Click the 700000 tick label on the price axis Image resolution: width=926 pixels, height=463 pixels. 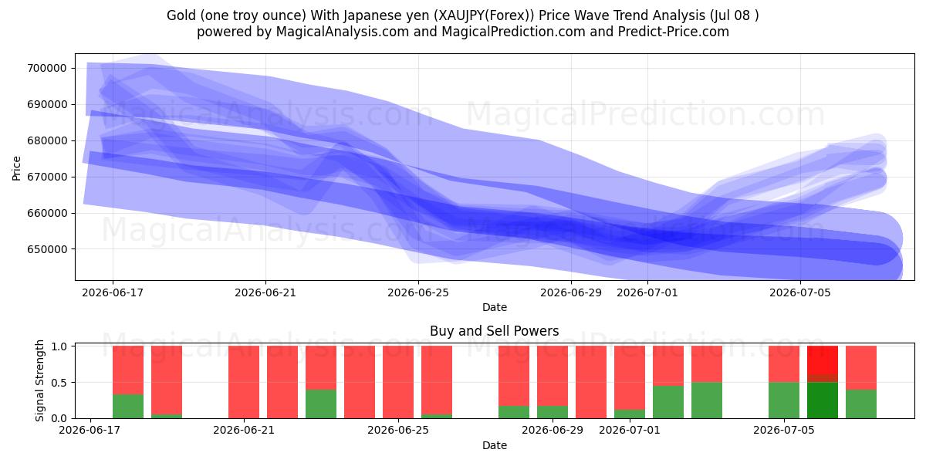pos(47,68)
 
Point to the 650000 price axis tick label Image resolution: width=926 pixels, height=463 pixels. pos(47,249)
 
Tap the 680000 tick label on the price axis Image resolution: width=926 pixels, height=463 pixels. pos(47,140)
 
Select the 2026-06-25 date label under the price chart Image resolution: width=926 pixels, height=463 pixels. pos(418,292)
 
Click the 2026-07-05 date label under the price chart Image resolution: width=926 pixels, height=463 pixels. pos(800,292)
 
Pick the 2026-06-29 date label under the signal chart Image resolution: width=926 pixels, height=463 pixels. pos(553,430)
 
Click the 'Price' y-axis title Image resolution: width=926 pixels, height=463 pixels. pos(16,168)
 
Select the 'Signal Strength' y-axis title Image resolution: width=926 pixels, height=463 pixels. pos(39,380)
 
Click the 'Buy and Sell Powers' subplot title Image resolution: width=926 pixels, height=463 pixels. pos(495,331)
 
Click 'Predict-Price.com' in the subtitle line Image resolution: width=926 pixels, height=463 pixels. pos(674,32)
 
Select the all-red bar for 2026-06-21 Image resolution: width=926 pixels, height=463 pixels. pos(244,382)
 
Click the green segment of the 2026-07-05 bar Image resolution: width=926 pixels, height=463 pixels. pos(784,400)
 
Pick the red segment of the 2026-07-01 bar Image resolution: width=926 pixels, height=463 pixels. pos(630,378)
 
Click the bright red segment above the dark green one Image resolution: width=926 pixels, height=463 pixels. pos(823,360)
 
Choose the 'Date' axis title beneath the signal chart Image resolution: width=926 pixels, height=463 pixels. pos(495,445)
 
